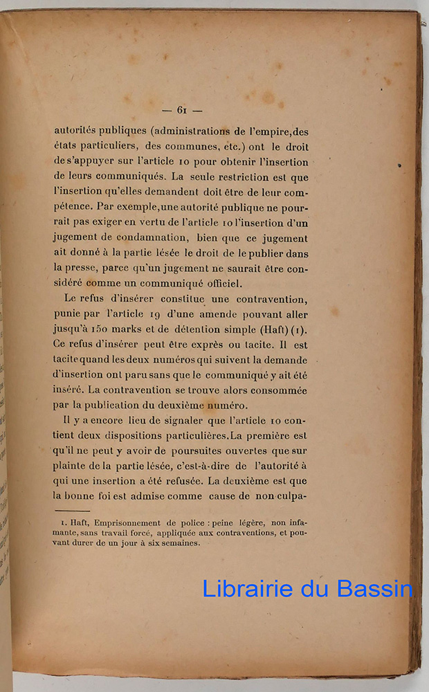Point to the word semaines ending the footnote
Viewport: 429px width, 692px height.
179,543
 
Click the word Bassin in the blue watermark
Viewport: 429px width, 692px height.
374,589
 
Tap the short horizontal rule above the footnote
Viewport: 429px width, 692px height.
71,511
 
